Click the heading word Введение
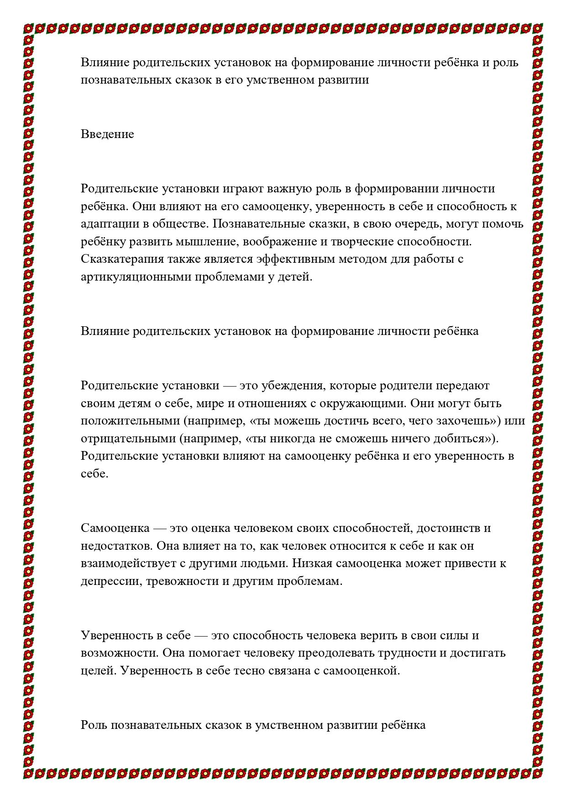(107, 134)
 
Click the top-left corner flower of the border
(29, 28)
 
